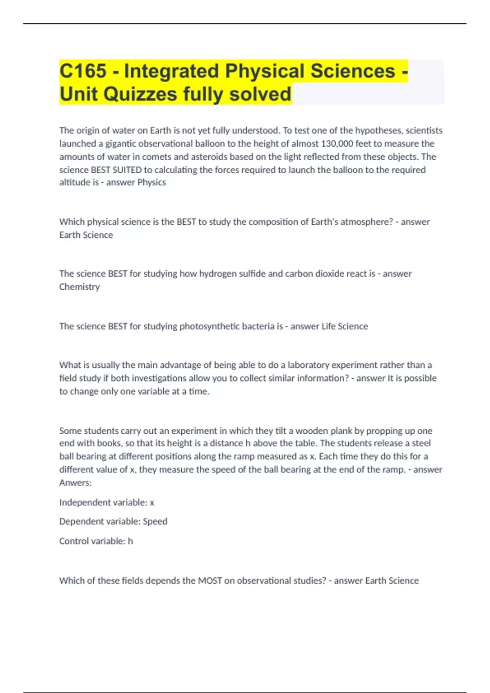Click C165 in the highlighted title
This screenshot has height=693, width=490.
click(83, 71)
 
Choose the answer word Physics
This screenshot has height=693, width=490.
click(151, 182)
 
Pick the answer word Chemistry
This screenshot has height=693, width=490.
click(79, 287)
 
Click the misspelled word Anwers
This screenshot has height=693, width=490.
click(75, 483)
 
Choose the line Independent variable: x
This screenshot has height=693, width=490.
click(107, 502)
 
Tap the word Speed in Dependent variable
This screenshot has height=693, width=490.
click(155, 521)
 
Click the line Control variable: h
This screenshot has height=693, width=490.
click(96, 541)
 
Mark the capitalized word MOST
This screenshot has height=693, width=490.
click(210, 580)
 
